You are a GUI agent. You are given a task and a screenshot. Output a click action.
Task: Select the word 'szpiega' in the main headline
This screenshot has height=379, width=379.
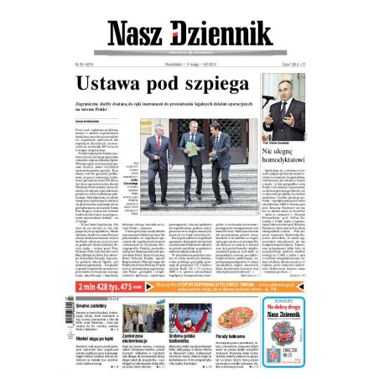coord(217,86)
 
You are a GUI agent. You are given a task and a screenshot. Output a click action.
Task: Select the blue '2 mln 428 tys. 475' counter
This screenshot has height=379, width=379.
coord(109,285)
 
